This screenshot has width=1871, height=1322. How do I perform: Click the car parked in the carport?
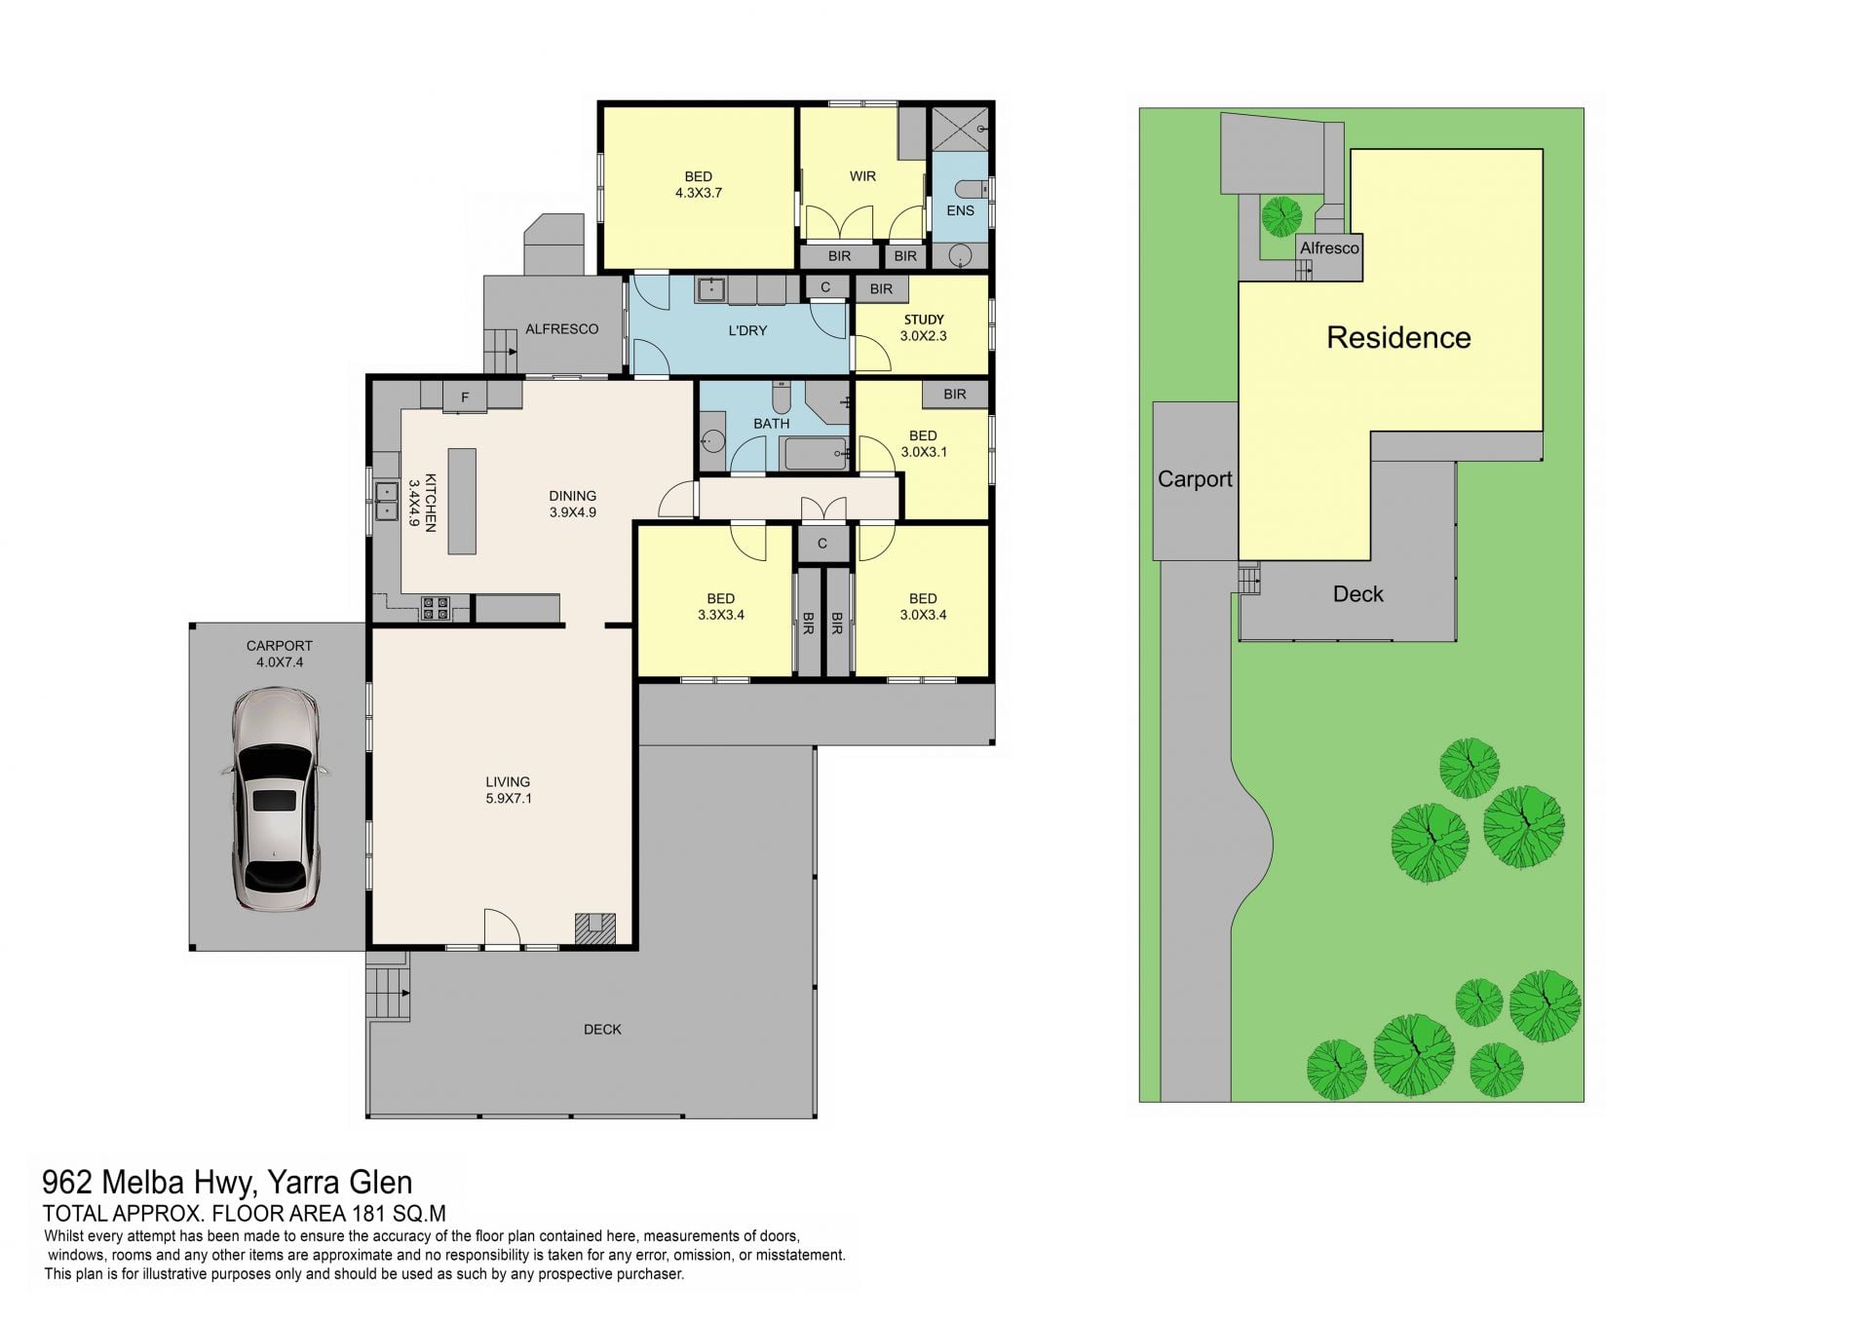[276, 799]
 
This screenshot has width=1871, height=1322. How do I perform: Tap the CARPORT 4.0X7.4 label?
[280, 654]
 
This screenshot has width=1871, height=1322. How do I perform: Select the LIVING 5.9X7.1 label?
[508, 790]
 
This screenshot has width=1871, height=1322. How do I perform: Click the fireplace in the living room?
[594, 928]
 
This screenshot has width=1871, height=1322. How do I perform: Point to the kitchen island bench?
[462, 501]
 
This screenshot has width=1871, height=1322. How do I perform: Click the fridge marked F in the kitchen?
[465, 397]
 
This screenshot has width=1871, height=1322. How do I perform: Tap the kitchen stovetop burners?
[435, 608]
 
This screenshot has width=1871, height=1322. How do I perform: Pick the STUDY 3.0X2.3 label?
[924, 327]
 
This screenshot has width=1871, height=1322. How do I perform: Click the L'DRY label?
[748, 330]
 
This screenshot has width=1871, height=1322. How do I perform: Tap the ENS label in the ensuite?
[960, 210]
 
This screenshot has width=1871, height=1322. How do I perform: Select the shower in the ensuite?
[960, 129]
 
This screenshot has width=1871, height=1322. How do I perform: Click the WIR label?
[862, 176]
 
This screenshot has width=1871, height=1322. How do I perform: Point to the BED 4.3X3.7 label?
[699, 184]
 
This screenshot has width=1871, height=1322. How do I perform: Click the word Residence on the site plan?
[1398, 338]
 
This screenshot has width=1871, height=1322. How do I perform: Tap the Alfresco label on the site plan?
[1329, 248]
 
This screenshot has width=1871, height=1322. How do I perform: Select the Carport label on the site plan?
[1195, 479]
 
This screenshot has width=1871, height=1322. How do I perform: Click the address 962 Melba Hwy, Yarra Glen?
[227, 1183]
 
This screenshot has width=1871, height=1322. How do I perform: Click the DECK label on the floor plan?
[602, 1030]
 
